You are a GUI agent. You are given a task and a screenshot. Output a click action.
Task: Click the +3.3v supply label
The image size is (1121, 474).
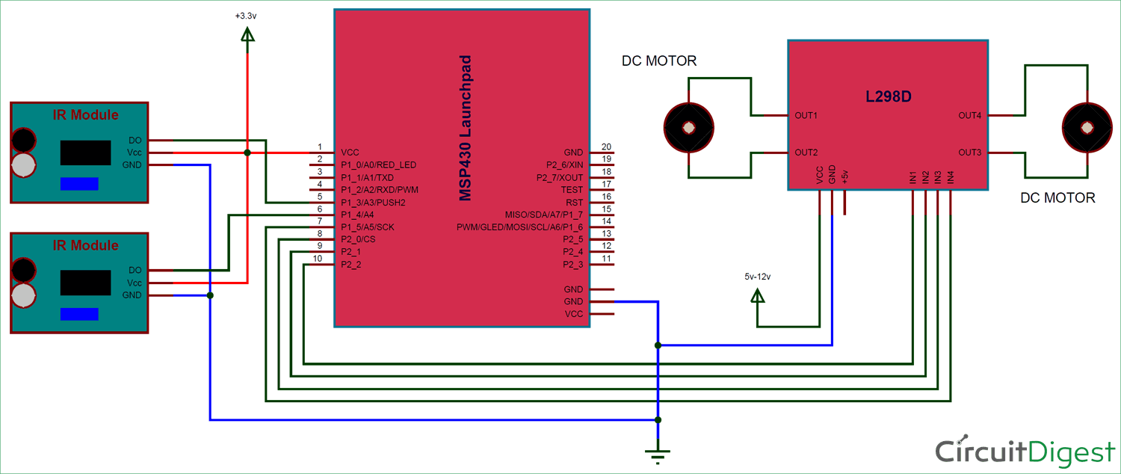(246, 15)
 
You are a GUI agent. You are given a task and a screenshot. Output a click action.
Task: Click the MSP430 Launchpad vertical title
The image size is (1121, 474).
(466, 127)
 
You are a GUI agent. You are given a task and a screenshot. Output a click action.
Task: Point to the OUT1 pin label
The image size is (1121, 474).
(806, 116)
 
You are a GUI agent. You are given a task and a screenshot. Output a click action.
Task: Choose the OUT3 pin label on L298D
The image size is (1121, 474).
(969, 153)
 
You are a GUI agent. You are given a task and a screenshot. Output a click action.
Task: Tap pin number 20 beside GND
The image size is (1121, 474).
(606, 147)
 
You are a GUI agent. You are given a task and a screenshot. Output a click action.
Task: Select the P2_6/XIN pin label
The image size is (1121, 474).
(565, 164)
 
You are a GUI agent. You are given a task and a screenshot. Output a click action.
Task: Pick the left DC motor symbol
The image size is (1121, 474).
(688, 128)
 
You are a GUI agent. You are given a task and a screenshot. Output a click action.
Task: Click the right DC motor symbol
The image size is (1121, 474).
(1087, 127)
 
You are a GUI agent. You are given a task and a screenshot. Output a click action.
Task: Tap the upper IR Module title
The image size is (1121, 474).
(85, 115)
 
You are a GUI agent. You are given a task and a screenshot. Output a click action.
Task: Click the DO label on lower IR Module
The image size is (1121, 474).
(135, 270)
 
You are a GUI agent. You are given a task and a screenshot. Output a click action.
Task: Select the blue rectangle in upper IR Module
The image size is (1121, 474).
(79, 184)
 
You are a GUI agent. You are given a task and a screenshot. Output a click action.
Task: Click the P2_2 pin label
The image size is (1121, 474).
(351, 265)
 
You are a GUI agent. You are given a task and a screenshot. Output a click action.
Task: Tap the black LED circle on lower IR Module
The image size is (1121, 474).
(24, 268)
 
